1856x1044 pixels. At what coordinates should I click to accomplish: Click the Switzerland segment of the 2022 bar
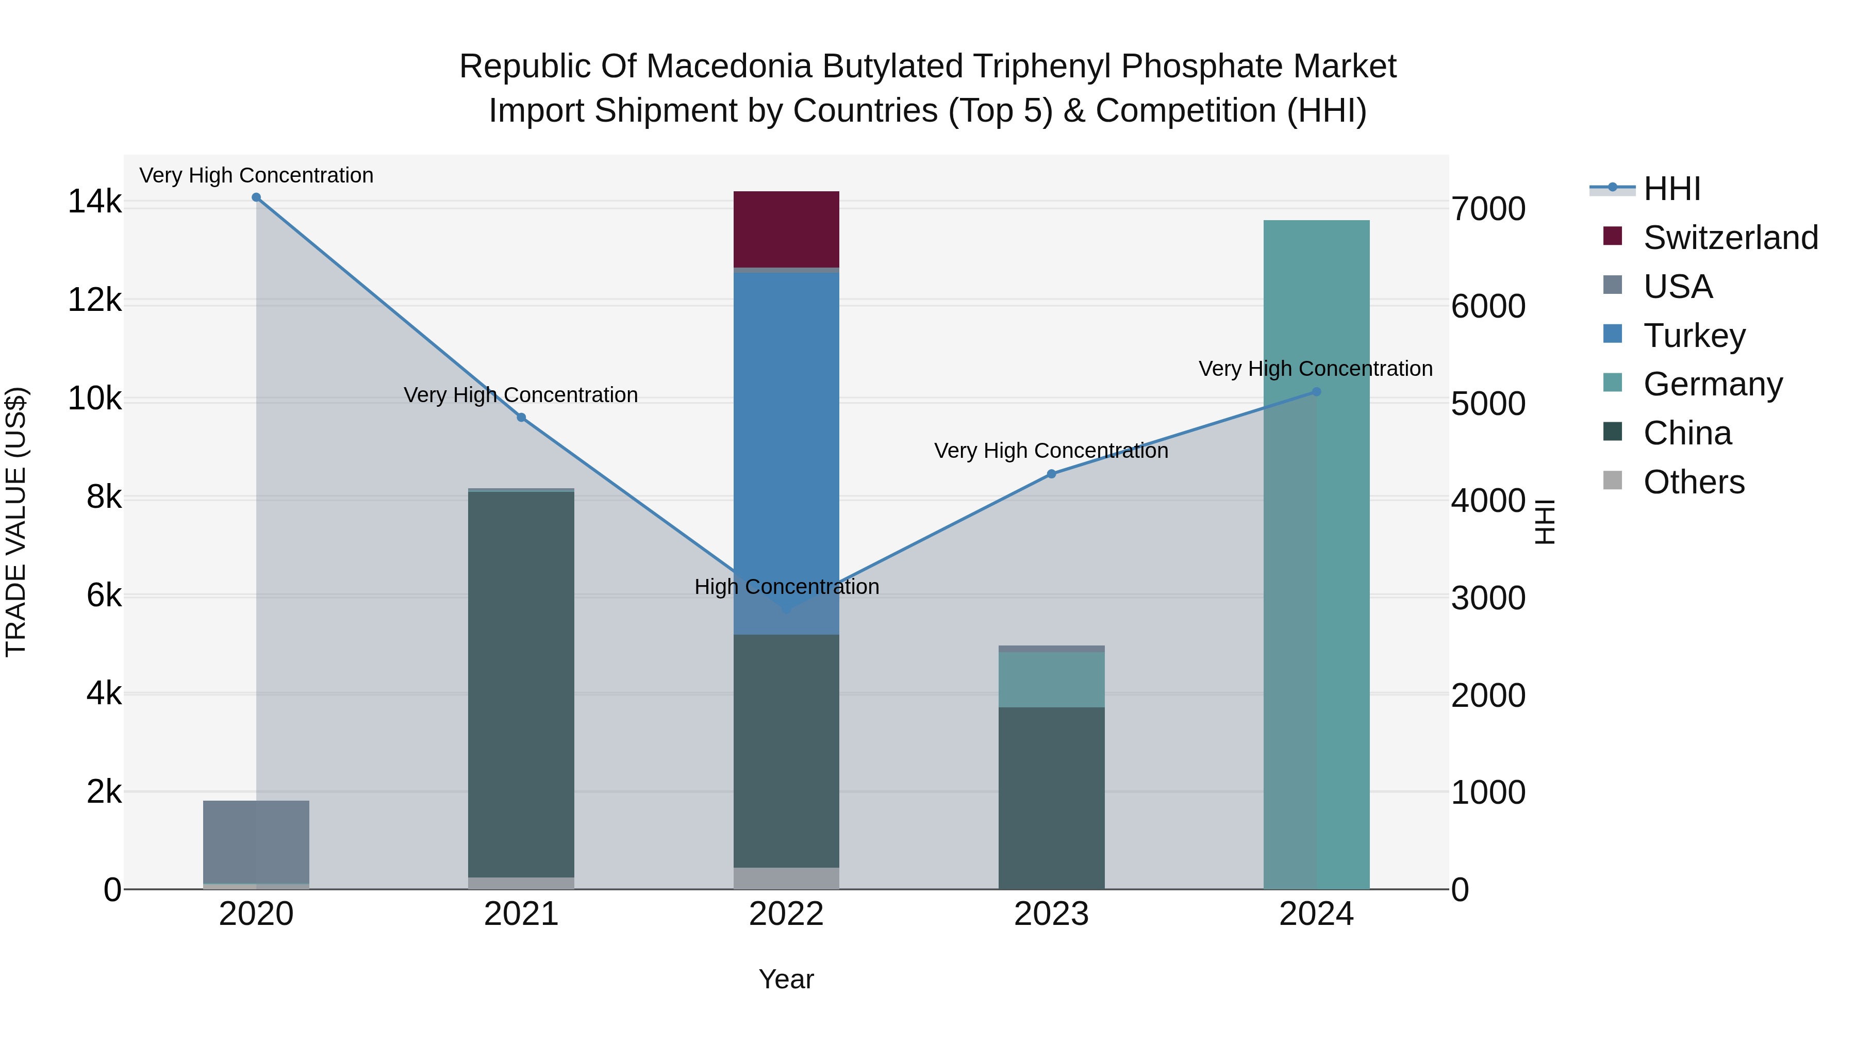pyautogui.click(x=786, y=229)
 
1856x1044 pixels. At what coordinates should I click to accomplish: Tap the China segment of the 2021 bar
pyautogui.click(x=521, y=685)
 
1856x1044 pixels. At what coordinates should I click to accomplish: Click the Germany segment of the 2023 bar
pyautogui.click(x=1051, y=680)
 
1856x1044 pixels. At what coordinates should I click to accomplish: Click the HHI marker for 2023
pyautogui.click(x=1051, y=474)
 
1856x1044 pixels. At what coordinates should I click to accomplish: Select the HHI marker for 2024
pyautogui.click(x=1316, y=392)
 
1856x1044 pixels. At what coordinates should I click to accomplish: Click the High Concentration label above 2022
pyautogui.click(x=786, y=587)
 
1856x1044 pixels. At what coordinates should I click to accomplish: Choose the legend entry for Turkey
pyautogui.click(x=1694, y=336)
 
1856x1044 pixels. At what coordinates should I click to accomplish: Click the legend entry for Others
pyautogui.click(x=1693, y=482)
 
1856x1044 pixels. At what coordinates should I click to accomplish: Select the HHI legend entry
pyautogui.click(x=1671, y=189)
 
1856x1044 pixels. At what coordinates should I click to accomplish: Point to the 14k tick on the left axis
pyautogui.click(x=94, y=202)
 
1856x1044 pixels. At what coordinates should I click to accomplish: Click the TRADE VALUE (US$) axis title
pyautogui.click(x=16, y=522)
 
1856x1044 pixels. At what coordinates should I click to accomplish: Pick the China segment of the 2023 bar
pyautogui.click(x=1051, y=798)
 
